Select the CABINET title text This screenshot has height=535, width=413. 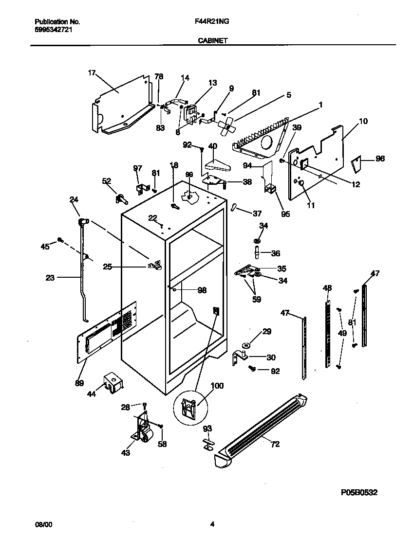(x=212, y=41)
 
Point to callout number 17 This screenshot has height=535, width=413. (x=92, y=73)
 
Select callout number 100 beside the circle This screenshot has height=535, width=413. (x=217, y=386)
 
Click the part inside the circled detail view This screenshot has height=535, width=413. (x=189, y=405)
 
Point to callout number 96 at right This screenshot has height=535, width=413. (x=380, y=158)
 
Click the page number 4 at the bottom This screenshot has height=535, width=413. (x=212, y=524)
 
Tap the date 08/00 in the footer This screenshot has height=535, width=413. (x=42, y=524)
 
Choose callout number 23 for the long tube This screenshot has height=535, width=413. (x=50, y=278)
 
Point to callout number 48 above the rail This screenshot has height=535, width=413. (x=327, y=288)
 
